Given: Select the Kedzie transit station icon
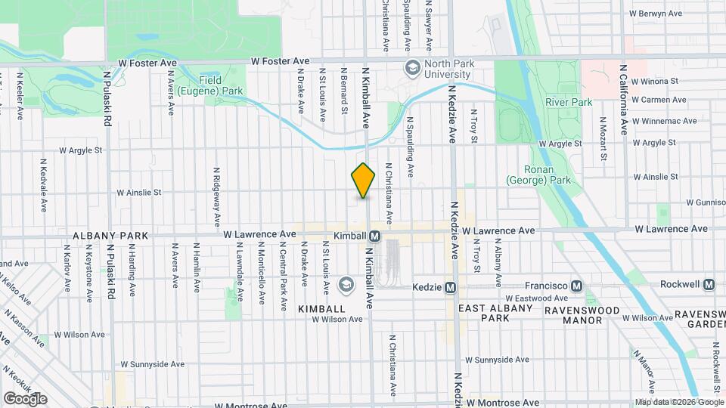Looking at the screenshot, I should (x=450, y=287).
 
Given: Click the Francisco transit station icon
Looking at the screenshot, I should (x=577, y=286).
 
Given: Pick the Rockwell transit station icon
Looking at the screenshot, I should (x=709, y=285).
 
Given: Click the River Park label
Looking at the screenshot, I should (x=569, y=102).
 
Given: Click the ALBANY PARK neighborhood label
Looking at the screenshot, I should (x=110, y=236).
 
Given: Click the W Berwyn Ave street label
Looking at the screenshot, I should (x=658, y=13).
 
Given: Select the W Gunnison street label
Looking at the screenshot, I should (x=705, y=202).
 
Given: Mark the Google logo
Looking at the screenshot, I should (x=25, y=398).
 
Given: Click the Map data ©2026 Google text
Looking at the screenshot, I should (x=678, y=402).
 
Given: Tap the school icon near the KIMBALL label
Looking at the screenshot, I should (x=346, y=285).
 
